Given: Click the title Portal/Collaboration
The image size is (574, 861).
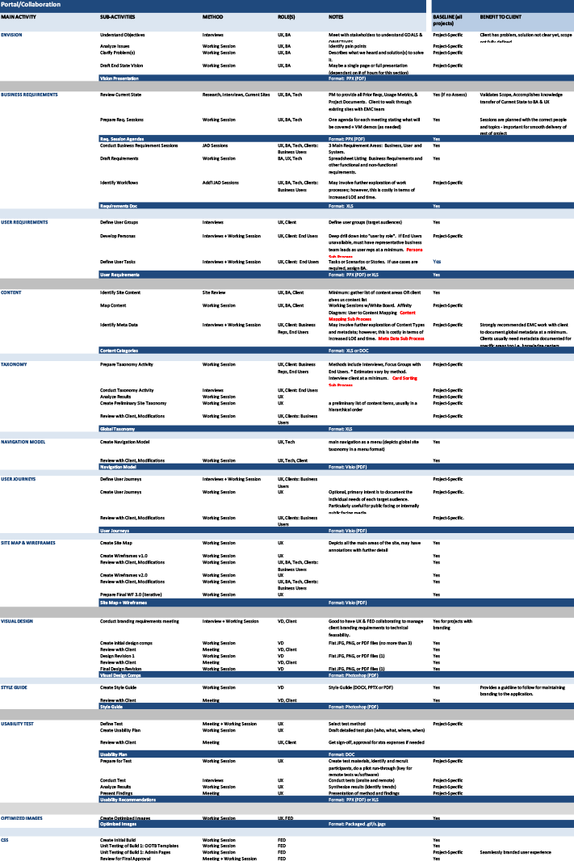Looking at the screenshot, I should (x=31, y=5).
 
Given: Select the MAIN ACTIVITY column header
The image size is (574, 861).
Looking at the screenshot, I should (x=19, y=17).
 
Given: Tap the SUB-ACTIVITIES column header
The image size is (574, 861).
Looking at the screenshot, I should (x=117, y=17).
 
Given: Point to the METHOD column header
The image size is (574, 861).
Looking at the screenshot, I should (x=212, y=17).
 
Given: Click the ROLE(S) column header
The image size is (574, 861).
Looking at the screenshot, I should (x=286, y=17).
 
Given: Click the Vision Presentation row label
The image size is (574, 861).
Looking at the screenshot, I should (x=119, y=78).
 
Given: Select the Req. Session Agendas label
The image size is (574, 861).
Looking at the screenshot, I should (x=122, y=139).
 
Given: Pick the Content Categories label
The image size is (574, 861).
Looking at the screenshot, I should (x=119, y=351).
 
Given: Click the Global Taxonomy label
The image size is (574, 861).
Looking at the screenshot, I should (x=117, y=428).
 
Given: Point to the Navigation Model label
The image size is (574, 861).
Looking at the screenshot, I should (x=118, y=467).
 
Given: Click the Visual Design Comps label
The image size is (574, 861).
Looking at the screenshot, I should (x=120, y=674).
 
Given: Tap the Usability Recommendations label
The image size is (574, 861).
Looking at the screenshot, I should (x=128, y=800).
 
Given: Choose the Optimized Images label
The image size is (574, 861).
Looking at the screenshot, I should (x=118, y=824).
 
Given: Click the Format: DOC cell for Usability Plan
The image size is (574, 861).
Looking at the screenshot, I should (x=341, y=754).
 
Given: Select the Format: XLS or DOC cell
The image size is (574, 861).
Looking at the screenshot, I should (x=349, y=351).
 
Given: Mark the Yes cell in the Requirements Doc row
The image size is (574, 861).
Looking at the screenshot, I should (x=436, y=206).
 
